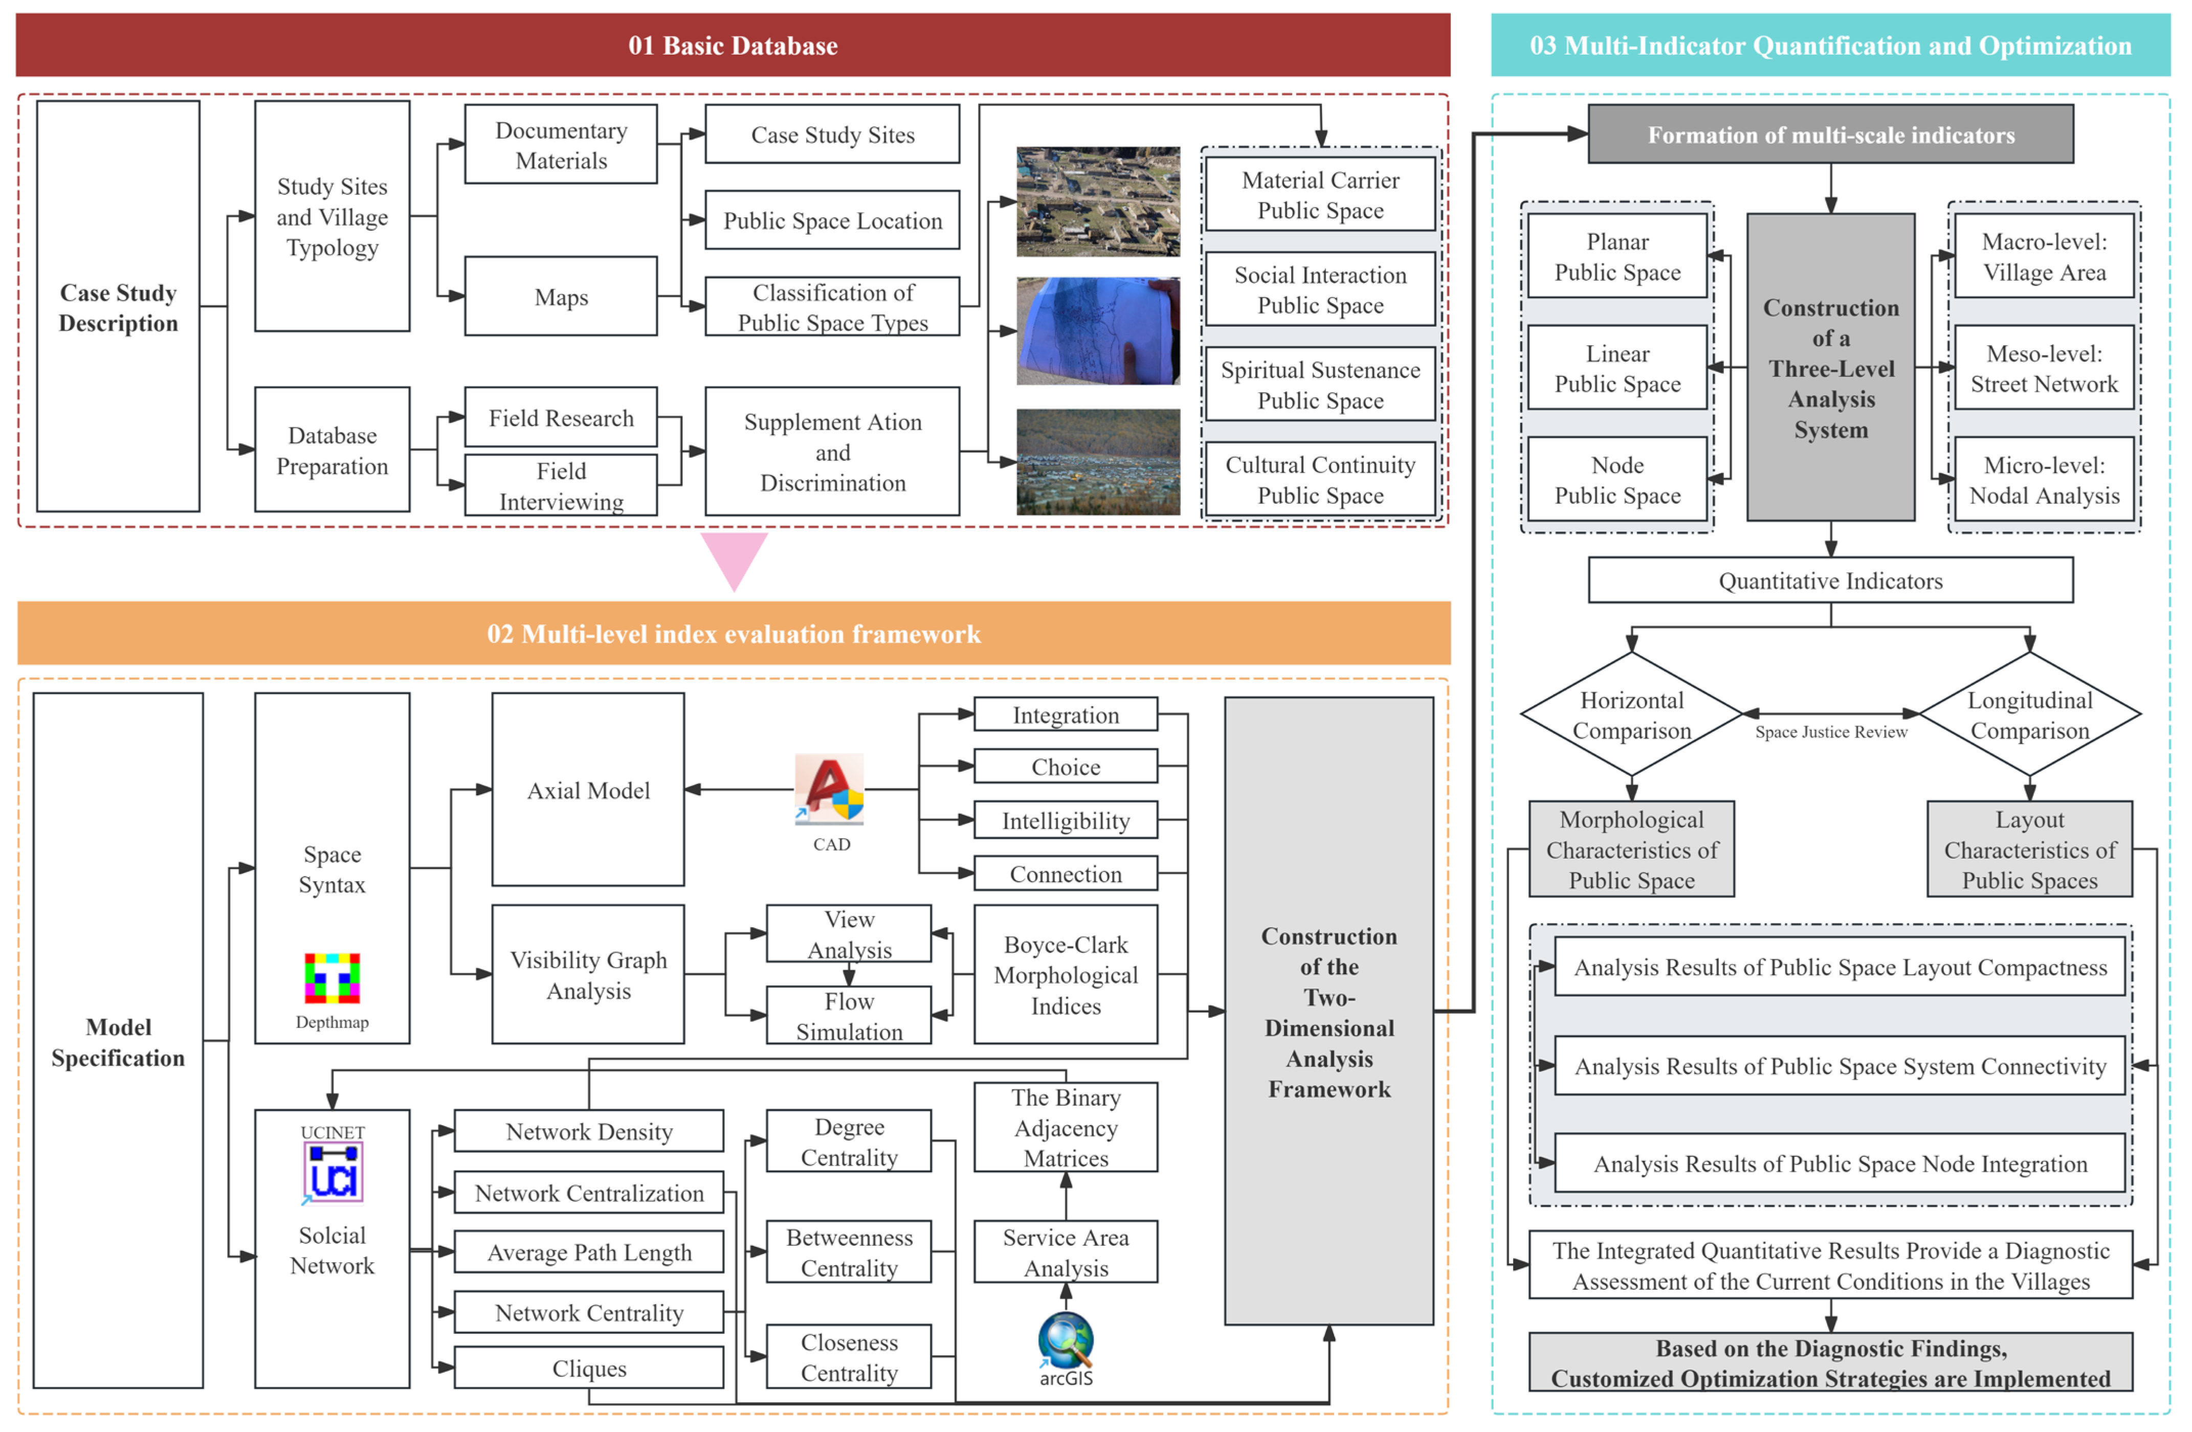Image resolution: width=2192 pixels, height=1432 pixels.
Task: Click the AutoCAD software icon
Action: pos(830,788)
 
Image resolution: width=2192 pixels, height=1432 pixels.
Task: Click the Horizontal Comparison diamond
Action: pos(1631,714)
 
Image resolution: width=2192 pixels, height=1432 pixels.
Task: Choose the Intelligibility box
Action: pos(1066,820)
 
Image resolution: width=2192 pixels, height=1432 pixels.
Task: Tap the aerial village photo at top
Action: pos(1098,202)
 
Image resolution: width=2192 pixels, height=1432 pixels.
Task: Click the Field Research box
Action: pos(561,418)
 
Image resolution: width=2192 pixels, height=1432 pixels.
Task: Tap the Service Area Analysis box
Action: pos(1066,1252)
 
